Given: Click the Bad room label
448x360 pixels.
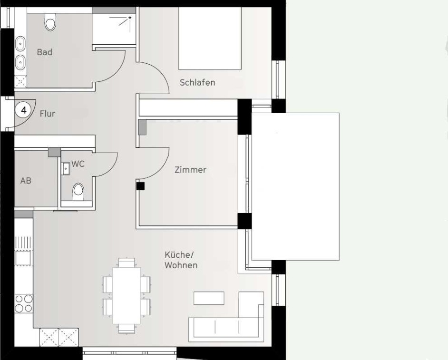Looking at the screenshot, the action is click(x=45, y=52).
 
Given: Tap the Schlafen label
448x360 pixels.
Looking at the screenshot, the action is click(x=197, y=83).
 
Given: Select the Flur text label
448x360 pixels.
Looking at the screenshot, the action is click(x=48, y=114).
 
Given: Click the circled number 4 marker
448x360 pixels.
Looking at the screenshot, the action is click(x=24, y=110).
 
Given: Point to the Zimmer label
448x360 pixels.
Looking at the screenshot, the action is click(x=190, y=170).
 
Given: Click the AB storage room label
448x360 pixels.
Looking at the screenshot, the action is click(x=26, y=181).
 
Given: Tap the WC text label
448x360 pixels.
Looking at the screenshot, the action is click(x=78, y=164).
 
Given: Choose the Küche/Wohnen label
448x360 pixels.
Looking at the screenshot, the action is click(x=181, y=260).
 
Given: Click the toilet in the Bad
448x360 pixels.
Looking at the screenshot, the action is click(x=50, y=22).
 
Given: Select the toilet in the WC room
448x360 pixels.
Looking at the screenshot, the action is click(x=78, y=192).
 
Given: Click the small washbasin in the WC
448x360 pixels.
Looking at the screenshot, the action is click(x=66, y=168).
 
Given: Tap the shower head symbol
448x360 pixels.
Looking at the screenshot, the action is click(x=130, y=18).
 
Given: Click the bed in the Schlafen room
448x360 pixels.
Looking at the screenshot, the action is click(x=210, y=39).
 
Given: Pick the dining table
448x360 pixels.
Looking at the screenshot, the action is click(x=127, y=296).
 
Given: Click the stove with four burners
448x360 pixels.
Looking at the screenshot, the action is click(x=24, y=303).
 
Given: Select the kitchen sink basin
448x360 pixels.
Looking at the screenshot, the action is click(x=23, y=258).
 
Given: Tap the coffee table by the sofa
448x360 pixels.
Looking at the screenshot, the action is click(x=209, y=298).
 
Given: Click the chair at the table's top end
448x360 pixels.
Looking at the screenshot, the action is click(x=127, y=263).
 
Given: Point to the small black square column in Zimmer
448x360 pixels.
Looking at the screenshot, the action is click(x=140, y=186).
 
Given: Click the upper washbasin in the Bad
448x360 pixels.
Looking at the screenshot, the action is click(x=20, y=44).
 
